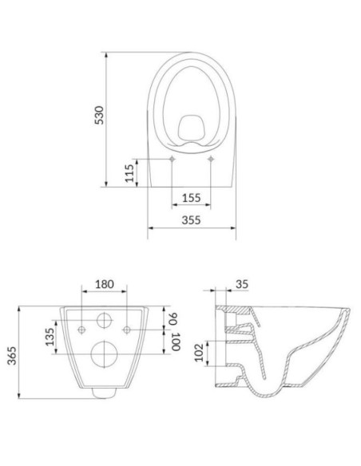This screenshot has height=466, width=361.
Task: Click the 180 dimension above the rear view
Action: coord(105,285)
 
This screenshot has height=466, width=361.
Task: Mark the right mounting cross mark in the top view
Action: coord(210,160)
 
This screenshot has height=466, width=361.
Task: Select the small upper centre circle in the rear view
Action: coord(105,321)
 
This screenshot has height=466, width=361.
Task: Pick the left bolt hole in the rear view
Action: coord(83,330)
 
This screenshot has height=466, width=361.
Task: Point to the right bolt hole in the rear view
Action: coord(126,330)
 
